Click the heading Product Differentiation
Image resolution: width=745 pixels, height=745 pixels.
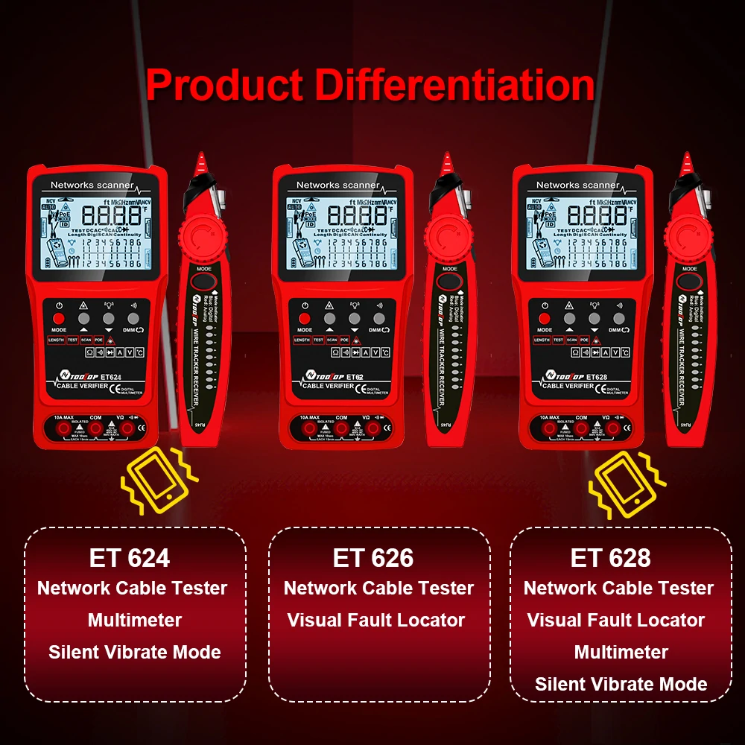[x=370, y=84]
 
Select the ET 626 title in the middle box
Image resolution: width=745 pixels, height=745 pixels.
[x=373, y=557]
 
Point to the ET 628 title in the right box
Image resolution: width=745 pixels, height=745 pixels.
[x=611, y=557]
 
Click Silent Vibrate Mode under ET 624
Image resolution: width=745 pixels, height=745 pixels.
[x=135, y=652]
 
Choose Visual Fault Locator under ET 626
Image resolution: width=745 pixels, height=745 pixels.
[x=376, y=620]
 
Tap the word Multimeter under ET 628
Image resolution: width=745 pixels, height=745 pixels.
[x=621, y=652]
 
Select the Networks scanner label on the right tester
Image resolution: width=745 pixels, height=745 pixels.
[x=578, y=185]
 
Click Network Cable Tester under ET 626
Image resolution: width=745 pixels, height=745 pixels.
[x=378, y=588]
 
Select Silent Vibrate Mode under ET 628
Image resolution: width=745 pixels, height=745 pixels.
[x=621, y=684]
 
